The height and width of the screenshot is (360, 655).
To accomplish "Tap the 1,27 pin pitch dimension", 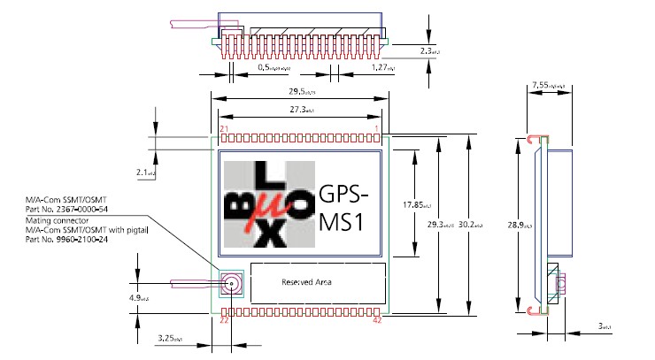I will [x=382, y=66].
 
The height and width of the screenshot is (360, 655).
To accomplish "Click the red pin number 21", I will [x=225, y=130].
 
